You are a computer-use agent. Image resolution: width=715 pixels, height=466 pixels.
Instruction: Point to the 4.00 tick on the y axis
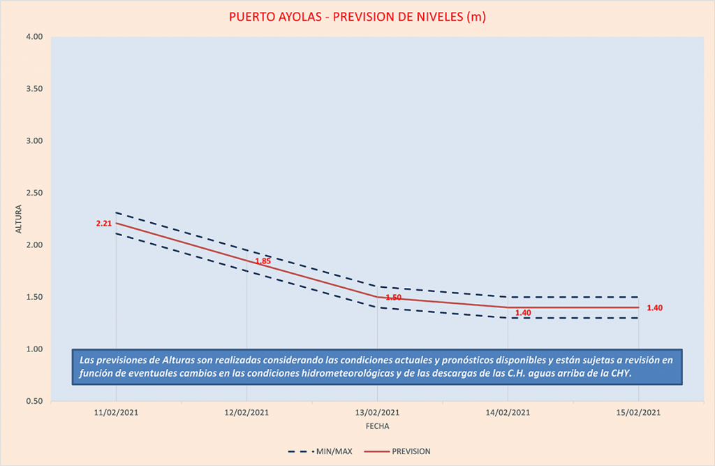[x=34, y=37]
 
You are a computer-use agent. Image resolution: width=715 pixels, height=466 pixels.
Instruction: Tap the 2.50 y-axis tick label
[x=34, y=193]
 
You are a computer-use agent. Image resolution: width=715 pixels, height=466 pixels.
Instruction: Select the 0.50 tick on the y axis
[x=34, y=401]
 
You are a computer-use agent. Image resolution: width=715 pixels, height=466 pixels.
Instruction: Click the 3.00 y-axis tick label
[x=34, y=141]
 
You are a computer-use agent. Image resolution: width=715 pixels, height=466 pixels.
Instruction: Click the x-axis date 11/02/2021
[x=116, y=413]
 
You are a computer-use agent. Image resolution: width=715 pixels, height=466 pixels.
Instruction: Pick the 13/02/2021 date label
[x=377, y=413]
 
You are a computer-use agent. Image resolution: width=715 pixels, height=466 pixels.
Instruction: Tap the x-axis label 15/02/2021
[x=638, y=413]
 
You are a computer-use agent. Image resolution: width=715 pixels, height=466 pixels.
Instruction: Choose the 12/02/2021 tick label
[x=246, y=413]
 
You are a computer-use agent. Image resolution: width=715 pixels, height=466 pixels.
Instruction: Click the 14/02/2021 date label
[x=508, y=413]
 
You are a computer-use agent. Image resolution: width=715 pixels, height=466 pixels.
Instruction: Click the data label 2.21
[x=104, y=224]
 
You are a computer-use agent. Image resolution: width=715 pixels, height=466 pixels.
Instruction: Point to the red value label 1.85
[x=263, y=261]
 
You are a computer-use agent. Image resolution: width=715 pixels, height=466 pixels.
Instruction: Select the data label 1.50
[x=393, y=298]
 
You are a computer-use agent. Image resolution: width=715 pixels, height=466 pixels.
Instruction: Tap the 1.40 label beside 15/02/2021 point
[x=655, y=308]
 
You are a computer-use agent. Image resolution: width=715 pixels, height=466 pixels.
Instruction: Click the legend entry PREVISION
[x=411, y=451]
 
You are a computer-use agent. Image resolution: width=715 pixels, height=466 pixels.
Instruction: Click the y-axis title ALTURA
[x=19, y=219]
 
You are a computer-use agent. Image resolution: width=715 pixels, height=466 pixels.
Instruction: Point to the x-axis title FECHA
[x=377, y=425]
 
